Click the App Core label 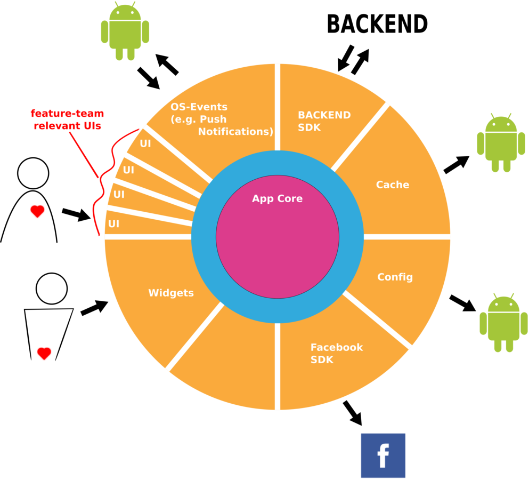click(277, 198)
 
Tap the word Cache click(393, 185)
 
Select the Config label click(395, 277)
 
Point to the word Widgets click(171, 293)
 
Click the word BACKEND click(324, 115)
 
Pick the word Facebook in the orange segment click(337, 347)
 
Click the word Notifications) click(235, 132)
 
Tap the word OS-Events click(199, 107)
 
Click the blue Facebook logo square click(383, 455)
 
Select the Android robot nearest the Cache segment click(501, 142)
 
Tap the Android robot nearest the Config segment click(503, 322)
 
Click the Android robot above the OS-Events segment click(125, 30)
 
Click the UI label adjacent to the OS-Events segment click(145, 143)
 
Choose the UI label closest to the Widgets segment click(113, 224)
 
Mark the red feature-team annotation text click(67, 120)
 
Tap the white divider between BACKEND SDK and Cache click(360, 137)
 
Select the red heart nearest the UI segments click(37, 211)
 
